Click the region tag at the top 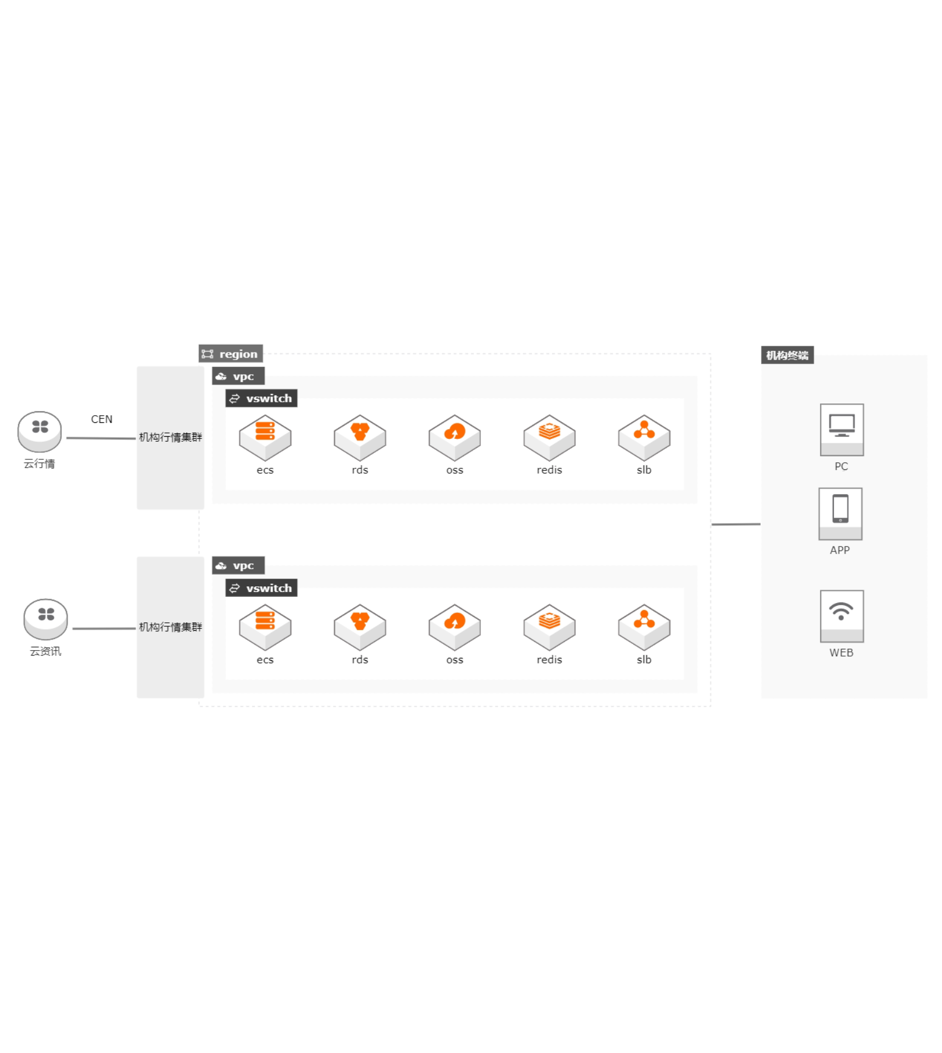(x=231, y=354)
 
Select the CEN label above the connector (x=101, y=420)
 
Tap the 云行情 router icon (x=39, y=431)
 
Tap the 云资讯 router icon (x=45, y=618)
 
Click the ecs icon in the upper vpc (x=265, y=437)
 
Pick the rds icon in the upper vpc (x=360, y=437)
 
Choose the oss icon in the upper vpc (x=454, y=437)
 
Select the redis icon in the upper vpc (x=549, y=437)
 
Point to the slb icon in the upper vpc (x=644, y=437)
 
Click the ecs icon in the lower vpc (x=265, y=627)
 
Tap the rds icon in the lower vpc (x=360, y=627)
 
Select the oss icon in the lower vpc (x=454, y=627)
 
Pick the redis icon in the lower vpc (x=549, y=627)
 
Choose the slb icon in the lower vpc (x=644, y=627)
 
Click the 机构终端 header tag (x=787, y=355)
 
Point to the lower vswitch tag (x=262, y=588)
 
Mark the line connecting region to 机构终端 (x=736, y=524)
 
